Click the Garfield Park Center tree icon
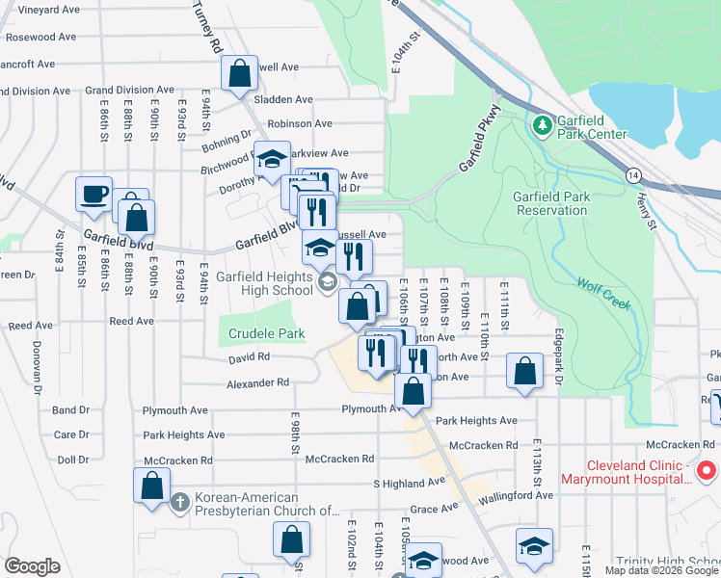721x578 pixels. pos(542,125)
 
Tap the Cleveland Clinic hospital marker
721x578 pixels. pos(706,471)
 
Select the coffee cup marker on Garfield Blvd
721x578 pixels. pos(94,194)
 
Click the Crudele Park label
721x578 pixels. pos(267,334)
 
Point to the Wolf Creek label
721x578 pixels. pos(602,294)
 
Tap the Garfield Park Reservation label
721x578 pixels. pos(551,203)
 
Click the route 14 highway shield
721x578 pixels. pos(632,175)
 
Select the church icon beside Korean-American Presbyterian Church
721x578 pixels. pos(178,503)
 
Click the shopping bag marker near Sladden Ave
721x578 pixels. pos(238,73)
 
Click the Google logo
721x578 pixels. pos(32,566)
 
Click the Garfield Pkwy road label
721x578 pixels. pos(483,144)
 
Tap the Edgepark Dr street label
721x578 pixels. pos(558,357)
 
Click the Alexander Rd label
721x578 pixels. pos(257,382)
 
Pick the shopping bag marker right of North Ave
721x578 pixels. pos(523,372)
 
